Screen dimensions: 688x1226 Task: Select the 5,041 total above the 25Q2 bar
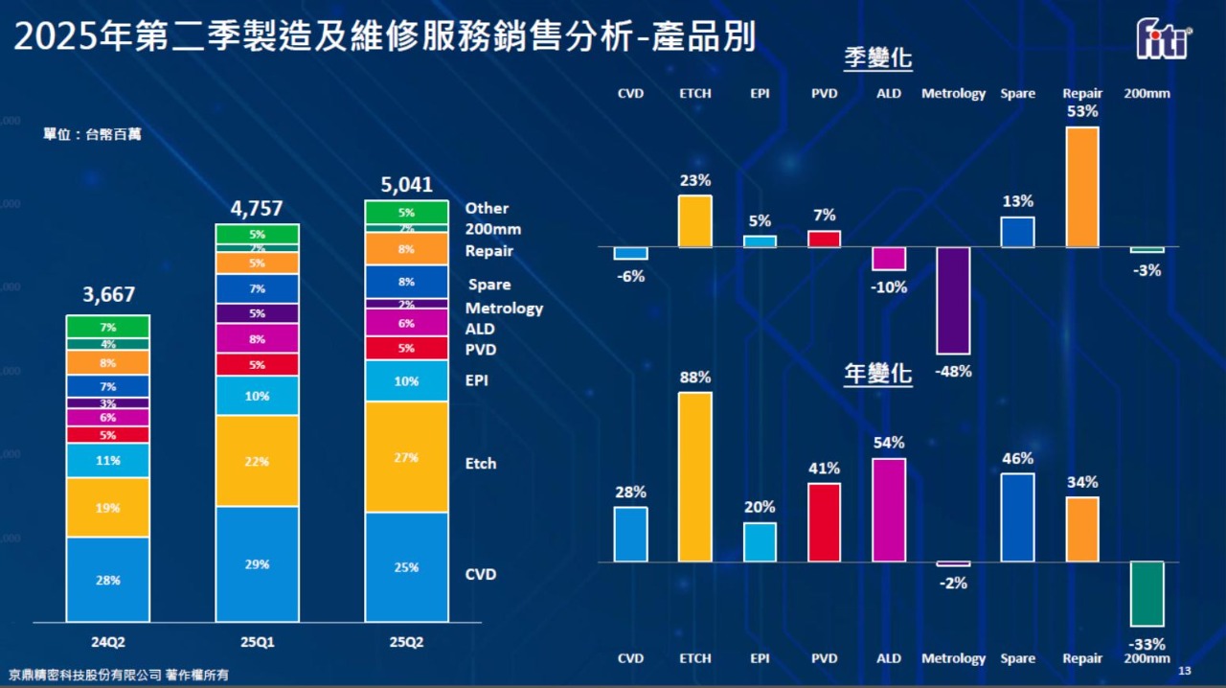[406, 184]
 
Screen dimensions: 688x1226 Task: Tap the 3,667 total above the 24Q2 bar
[108, 294]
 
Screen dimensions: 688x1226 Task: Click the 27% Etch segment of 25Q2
[406, 457]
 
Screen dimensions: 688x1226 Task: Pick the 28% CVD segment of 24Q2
[108, 579]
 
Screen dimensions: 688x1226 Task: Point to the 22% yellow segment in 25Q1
[257, 461]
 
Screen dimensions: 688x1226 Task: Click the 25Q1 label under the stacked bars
[257, 642]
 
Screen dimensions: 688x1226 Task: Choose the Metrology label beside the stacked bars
[504, 309]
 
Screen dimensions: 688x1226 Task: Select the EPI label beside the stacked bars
[477, 380]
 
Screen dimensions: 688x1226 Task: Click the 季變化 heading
[877, 58]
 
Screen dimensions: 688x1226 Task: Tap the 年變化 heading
[877, 374]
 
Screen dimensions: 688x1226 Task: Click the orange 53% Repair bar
[1082, 187]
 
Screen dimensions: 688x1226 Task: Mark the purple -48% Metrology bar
[953, 301]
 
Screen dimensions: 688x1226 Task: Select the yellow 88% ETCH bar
[695, 477]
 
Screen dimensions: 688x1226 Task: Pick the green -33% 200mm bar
[1147, 594]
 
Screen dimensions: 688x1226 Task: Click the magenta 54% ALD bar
[889, 510]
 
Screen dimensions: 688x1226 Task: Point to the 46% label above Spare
[1018, 459]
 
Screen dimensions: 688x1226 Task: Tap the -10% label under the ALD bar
[890, 287]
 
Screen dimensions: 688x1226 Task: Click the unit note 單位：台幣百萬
[92, 134]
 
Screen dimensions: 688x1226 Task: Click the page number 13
[1184, 670]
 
